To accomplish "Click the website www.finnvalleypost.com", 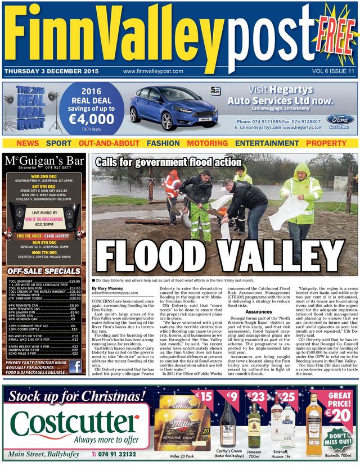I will tap(153, 71).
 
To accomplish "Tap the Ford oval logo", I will tap(340, 119).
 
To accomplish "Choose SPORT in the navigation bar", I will tap(58, 143).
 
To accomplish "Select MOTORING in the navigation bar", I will tap(207, 143).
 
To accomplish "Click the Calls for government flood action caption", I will tap(168, 162).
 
